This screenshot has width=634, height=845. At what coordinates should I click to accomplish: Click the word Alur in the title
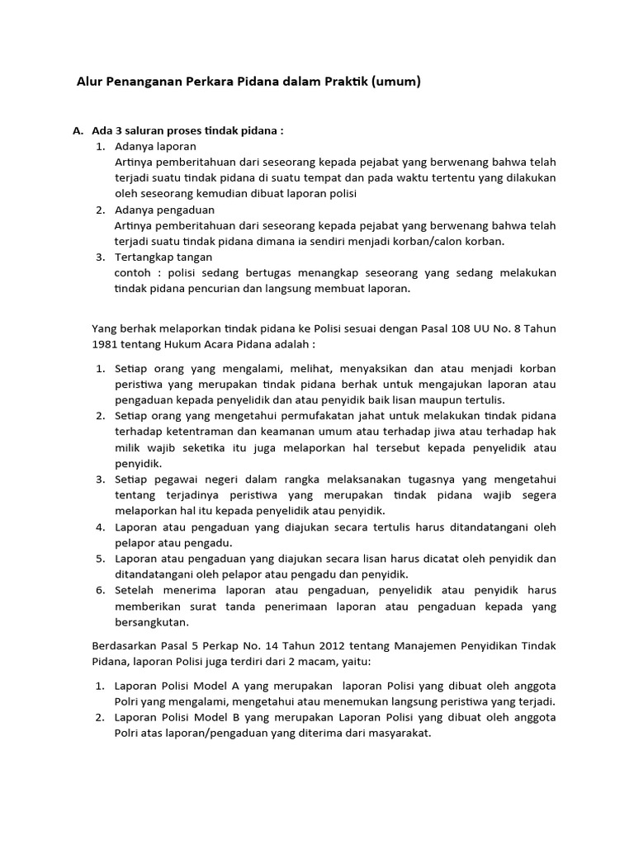tap(90, 82)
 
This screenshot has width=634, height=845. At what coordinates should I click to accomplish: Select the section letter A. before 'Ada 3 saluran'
tap(78, 131)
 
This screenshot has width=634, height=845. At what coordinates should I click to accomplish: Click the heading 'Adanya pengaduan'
tap(164, 210)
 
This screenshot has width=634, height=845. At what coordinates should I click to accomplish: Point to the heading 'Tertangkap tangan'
tap(163, 257)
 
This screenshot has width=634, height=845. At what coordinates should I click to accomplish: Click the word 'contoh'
tap(133, 272)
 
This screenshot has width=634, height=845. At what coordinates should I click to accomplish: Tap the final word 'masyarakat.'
tap(400, 734)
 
